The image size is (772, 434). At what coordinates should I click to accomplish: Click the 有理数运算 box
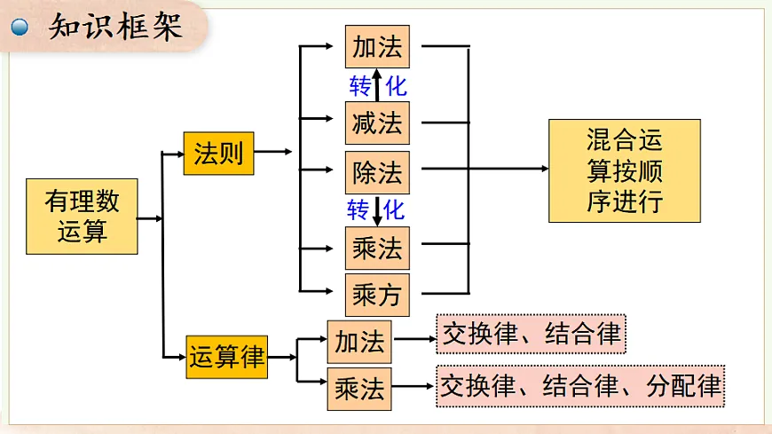[82, 217]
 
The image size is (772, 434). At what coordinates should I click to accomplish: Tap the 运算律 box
[226, 358]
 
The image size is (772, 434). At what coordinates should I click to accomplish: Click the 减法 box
[377, 122]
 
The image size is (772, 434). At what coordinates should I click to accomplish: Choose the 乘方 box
[377, 295]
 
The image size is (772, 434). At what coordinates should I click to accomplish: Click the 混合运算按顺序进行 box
[625, 170]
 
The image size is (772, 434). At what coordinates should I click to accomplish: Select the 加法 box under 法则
[377, 47]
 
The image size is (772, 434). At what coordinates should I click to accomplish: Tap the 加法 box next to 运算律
[359, 341]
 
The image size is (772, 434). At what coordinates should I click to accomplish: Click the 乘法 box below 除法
[377, 248]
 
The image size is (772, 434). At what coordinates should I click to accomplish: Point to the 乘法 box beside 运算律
[359, 389]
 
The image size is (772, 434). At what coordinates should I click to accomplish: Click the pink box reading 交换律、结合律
[531, 334]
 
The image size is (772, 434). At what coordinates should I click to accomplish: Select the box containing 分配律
[580, 385]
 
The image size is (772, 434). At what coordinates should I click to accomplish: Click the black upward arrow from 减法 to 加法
[376, 85]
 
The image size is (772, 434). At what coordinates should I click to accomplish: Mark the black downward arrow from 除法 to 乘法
[376, 210]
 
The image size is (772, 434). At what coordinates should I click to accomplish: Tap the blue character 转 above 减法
[359, 86]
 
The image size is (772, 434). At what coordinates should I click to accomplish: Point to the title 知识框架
[115, 27]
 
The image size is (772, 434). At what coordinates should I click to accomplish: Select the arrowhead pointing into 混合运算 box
[543, 168]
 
